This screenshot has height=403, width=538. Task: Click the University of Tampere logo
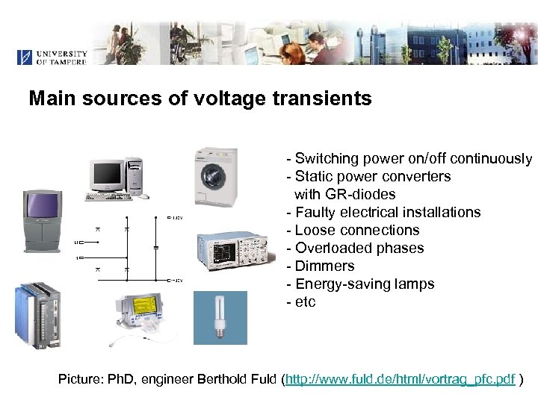point(52,57)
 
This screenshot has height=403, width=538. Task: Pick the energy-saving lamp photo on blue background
point(220,317)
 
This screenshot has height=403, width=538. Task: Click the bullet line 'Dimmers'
point(324,266)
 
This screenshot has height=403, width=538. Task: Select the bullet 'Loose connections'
point(356,230)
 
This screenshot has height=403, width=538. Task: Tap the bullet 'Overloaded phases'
point(359,248)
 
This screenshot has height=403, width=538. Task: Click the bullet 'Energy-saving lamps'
point(364,284)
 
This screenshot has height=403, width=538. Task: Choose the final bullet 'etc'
point(305,302)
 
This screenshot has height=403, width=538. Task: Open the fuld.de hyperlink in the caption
point(401,379)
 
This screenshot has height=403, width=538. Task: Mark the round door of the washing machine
point(214,180)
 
